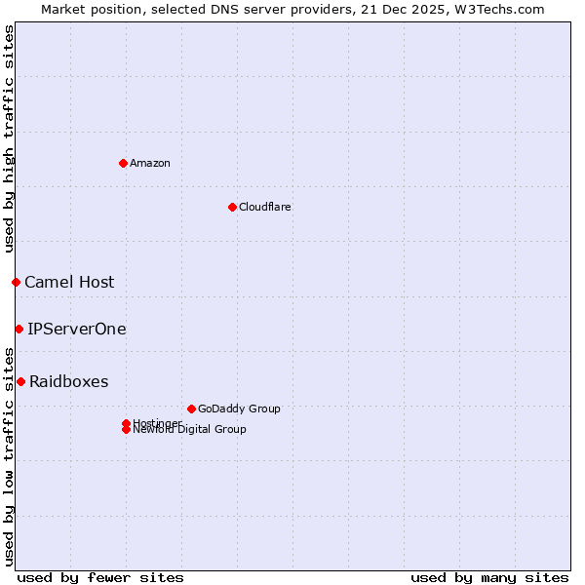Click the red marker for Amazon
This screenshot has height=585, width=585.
[123, 163]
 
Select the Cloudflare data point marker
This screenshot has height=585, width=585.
[232, 207]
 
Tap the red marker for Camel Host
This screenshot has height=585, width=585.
[16, 282]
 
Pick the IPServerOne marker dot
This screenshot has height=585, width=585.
[19, 329]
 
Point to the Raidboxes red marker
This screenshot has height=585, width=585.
[20, 381]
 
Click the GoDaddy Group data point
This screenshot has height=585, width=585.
[191, 409]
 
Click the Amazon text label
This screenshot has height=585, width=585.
[150, 163]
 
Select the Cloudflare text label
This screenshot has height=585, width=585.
[265, 207]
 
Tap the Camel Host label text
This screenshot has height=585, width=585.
[69, 282]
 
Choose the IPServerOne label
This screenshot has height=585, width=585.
[77, 329]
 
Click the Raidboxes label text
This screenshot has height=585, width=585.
[69, 381]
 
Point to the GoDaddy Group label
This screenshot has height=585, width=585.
[239, 409]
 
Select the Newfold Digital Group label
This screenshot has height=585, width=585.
[189, 429]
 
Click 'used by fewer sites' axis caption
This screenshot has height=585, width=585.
[100, 577]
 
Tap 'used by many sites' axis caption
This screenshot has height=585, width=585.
[489, 577]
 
